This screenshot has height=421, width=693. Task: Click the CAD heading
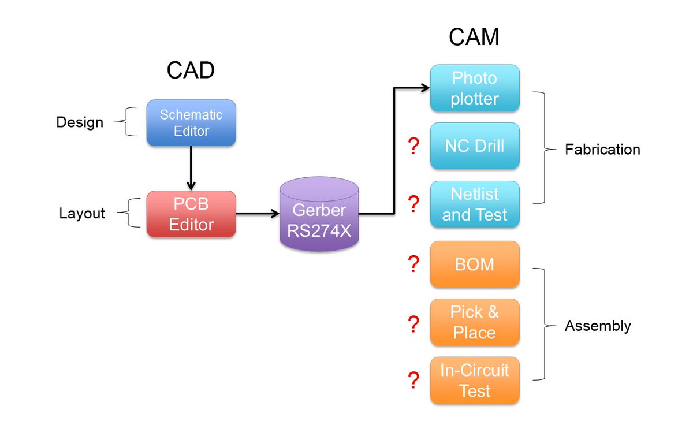191,70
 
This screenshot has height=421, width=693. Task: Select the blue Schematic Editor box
191,122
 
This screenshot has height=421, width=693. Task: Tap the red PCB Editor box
191,214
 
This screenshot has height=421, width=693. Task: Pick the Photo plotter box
475,88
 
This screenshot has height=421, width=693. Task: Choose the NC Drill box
475,146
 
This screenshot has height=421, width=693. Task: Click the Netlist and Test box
475,204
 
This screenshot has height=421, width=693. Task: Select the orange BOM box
475,264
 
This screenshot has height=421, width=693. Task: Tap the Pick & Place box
475,322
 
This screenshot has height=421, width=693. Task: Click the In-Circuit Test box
475,381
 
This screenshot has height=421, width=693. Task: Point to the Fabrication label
602,150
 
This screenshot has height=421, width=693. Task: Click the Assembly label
598,326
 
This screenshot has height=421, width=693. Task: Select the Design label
80,122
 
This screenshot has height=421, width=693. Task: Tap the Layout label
82,214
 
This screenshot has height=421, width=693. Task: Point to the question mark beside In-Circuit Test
413,381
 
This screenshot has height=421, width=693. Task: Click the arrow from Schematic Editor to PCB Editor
191,168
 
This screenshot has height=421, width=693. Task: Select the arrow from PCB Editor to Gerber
258,214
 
